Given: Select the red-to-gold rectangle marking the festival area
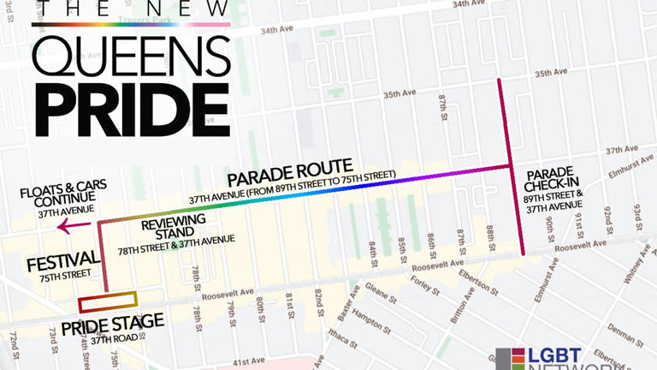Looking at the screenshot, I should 108,302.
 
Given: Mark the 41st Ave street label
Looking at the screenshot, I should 252,361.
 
